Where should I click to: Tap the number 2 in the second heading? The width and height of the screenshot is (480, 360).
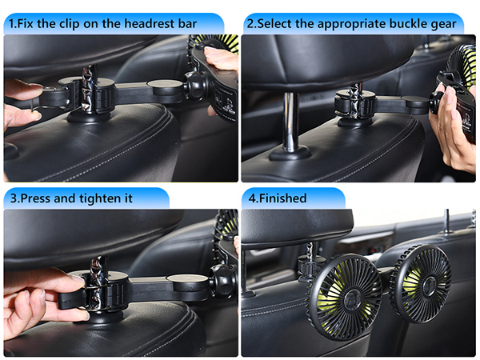(x=250, y=24)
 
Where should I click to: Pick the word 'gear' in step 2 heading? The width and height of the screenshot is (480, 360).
(x=442, y=24)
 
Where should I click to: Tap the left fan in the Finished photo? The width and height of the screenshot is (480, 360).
(x=346, y=297)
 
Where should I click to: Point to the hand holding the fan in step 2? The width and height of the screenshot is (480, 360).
(x=456, y=128)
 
